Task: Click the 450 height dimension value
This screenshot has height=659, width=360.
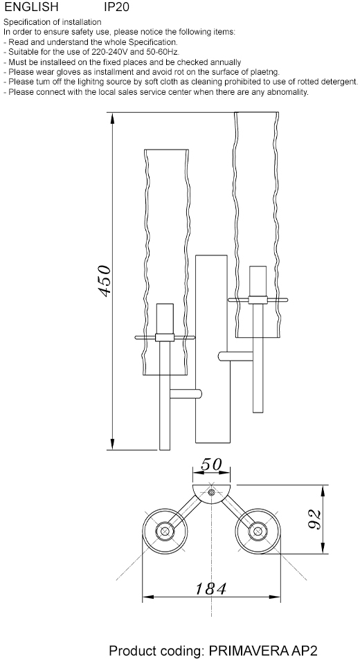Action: tap(105, 281)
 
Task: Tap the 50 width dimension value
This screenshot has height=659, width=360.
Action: tap(211, 464)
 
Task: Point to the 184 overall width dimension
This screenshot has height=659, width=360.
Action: tap(210, 589)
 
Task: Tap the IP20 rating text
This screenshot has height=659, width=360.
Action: tap(116, 7)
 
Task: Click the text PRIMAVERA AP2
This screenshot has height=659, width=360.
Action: tap(263, 651)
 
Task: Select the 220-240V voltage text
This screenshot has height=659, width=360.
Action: tap(109, 52)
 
